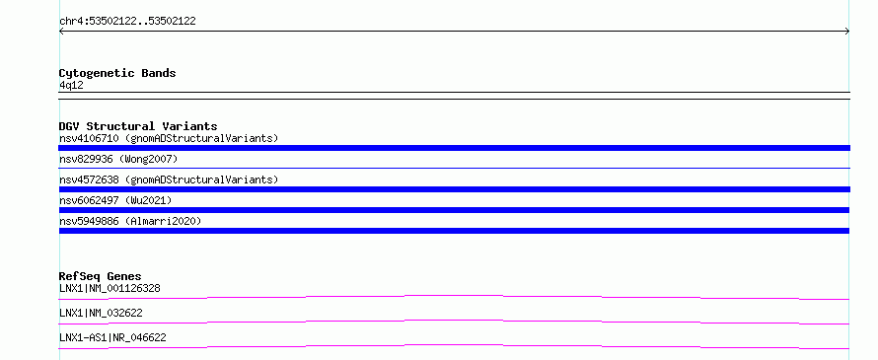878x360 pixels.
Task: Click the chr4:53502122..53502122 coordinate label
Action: click(127, 22)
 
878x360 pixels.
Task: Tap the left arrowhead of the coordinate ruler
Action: click(61, 32)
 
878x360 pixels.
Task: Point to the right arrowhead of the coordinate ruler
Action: click(847, 32)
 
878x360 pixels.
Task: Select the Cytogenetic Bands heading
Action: click(117, 73)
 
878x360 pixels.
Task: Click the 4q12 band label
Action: click(71, 86)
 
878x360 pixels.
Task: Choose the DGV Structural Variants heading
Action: click(138, 126)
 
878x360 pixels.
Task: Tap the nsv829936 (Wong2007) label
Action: click(118, 160)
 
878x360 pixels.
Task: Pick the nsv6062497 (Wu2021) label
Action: click(115, 200)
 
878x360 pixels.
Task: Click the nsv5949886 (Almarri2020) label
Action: click(130, 221)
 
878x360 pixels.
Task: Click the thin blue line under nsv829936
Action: click(454, 168)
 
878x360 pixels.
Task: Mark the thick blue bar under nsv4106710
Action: click(454, 148)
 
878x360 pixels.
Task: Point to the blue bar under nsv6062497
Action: click(454, 210)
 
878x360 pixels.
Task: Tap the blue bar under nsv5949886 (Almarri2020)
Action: click(454, 231)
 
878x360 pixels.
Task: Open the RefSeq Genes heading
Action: click(101, 276)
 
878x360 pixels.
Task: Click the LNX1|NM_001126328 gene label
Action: click(110, 289)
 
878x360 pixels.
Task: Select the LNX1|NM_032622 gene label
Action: click(101, 313)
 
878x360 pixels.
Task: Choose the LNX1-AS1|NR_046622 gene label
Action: click(112, 337)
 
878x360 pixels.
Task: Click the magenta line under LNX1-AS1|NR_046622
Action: click(454, 345)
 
